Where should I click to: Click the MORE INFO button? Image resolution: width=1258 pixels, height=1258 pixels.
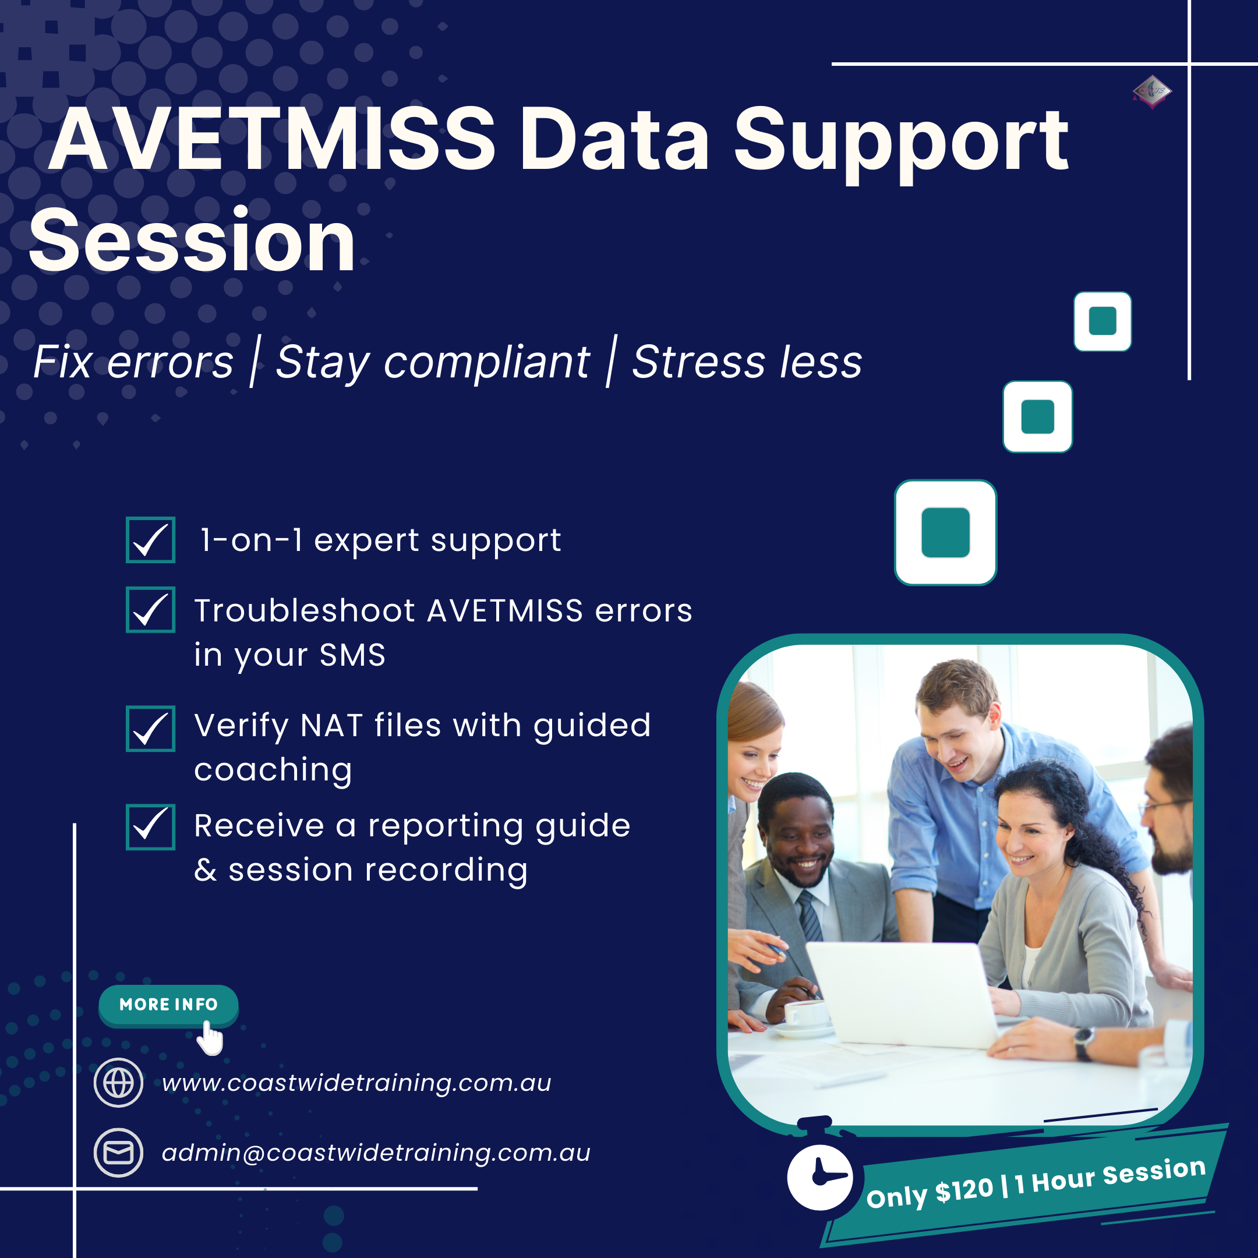point(168,1005)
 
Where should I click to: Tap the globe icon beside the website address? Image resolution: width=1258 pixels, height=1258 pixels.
point(118,1083)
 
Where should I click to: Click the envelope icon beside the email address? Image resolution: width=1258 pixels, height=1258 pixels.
point(118,1153)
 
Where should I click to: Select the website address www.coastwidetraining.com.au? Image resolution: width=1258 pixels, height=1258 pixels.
point(356,1083)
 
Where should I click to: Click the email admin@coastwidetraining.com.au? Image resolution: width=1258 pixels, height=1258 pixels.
point(376,1153)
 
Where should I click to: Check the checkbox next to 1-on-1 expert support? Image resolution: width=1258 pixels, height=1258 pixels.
point(150,540)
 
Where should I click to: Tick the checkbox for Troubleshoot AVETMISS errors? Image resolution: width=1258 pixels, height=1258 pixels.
point(150,609)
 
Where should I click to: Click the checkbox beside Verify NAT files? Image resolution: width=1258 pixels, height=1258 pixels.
point(150,729)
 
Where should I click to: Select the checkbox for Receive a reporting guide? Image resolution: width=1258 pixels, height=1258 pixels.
point(150,827)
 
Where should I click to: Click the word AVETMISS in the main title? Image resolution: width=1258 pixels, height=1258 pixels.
point(274,140)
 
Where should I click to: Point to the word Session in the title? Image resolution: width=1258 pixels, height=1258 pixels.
point(192,241)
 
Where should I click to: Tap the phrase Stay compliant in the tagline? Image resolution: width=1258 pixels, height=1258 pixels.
point(432,362)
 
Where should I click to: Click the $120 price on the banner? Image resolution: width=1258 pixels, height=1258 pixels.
point(964,1191)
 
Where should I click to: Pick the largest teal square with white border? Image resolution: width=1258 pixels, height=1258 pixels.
point(945,533)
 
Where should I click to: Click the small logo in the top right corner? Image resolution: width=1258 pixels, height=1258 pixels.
point(1152,91)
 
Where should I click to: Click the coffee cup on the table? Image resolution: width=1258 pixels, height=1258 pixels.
point(806,1013)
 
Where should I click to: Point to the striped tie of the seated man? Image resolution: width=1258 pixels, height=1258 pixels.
point(810,915)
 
